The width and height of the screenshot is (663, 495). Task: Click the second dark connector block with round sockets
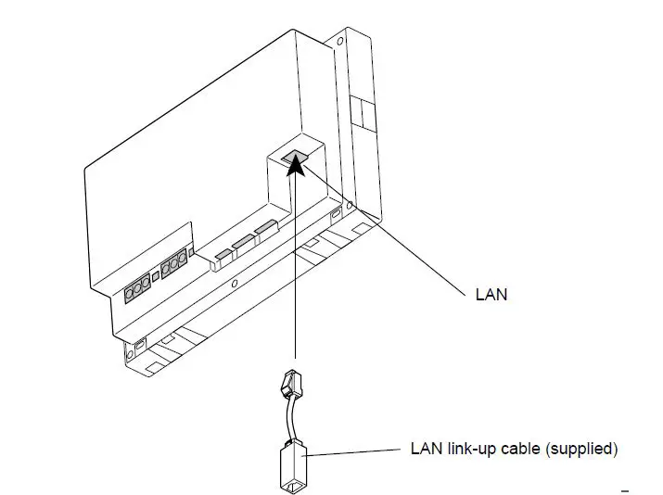point(173,270)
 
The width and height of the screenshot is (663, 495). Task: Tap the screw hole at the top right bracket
point(341,42)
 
